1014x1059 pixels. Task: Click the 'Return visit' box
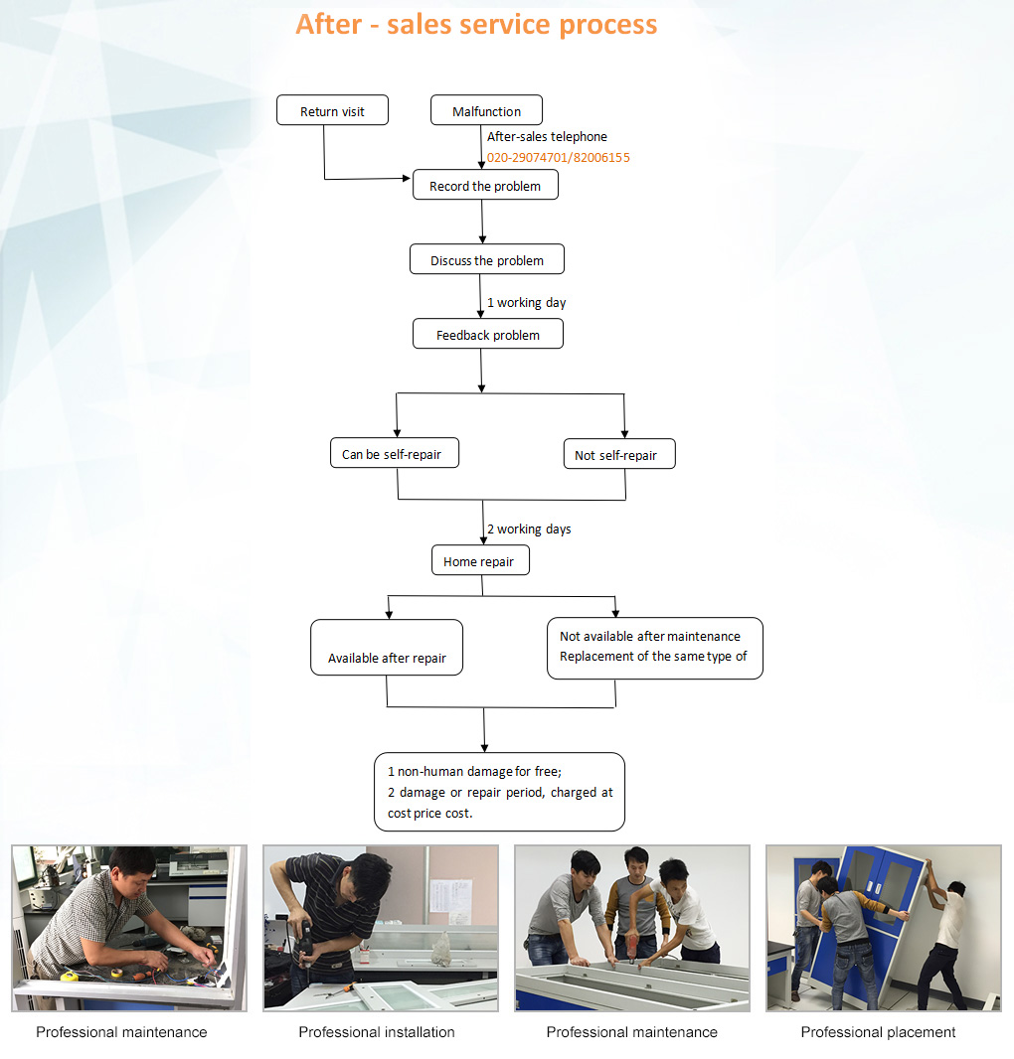pos(332,111)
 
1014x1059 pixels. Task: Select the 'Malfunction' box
pos(487,111)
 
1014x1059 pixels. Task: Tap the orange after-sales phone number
pos(558,158)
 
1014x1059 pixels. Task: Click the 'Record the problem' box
pos(485,186)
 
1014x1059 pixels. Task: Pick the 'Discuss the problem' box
pos(487,260)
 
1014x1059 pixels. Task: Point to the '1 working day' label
pos(526,303)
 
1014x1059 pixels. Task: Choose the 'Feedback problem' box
pos(488,335)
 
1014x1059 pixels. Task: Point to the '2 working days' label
pos(529,529)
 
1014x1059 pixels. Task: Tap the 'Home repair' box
pos(479,561)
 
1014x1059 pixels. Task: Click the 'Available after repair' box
pos(387,649)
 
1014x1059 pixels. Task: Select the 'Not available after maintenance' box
pos(654,648)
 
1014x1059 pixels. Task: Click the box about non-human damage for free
pos(500,792)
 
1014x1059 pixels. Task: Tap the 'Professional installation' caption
pos(377,1032)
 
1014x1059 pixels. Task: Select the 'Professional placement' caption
pos(878,1032)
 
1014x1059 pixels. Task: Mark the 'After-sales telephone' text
pos(547,137)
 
